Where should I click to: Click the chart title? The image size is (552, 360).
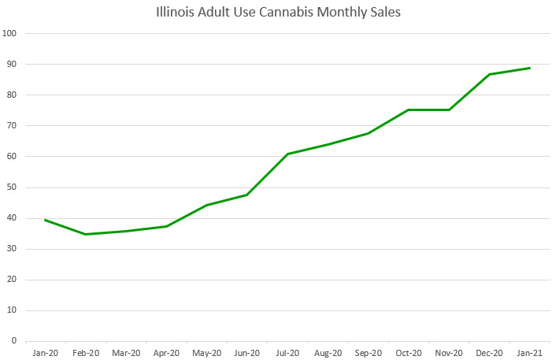tap(276, 13)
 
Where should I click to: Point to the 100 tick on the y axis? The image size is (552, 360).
tap(11, 34)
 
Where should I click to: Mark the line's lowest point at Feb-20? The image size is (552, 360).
tap(86, 234)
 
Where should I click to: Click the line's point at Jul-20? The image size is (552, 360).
tap(288, 154)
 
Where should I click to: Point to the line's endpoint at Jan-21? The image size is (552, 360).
tap(529, 68)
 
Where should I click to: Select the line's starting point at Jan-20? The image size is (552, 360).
tap(45, 220)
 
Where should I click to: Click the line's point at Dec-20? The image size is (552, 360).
tap(489, 75)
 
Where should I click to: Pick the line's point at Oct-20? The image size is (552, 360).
tap(409, 109)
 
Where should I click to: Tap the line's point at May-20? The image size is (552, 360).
tap(206, 205)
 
